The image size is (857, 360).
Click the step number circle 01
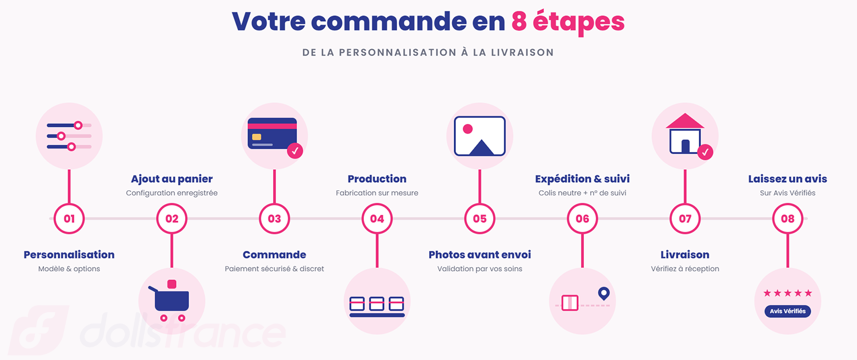pyautogui.click(x=69, y=218)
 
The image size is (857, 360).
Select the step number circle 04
pyautogui.click(x=377, y=218)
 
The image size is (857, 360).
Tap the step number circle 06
pyautogui.click(x=582, y=218)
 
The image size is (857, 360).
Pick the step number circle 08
pyautogui.click(x=787, y=218)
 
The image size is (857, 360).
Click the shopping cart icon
pyautogui.click(x=171, y=301)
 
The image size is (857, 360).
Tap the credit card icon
pyautogui.click(x=272, y=133)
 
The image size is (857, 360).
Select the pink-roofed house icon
pyautogui.click(x=685, y=134)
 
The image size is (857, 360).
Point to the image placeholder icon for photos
pyautogui.click(x=480, y=136)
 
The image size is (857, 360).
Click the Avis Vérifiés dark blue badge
pyautogui.click(x=787, y=311)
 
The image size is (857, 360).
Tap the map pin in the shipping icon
pyautogui.click(x=604, y=294)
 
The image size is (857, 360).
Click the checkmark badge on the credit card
pyautogui.click(x=295, y=151)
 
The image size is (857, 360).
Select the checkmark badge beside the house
pyautogui.click(x=705, y=152)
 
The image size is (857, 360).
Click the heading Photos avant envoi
pyautogui.click(x=480, y=255)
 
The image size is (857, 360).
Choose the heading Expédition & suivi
pyautogui.click(x=582, y=179)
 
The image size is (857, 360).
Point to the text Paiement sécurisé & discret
pyautogui.click(x=274, y=269)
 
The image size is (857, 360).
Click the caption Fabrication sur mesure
pyautogui.click(x=377, y=193)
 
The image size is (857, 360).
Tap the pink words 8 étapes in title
pyautogui.click(x=568, y=21)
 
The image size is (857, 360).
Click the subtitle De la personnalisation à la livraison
pyautogui.click(x=428, y=53)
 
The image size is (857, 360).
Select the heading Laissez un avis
pyautogui.click(x=787, y=179)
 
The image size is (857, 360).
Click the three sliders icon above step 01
pyautogui.click(x=69, y=136)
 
